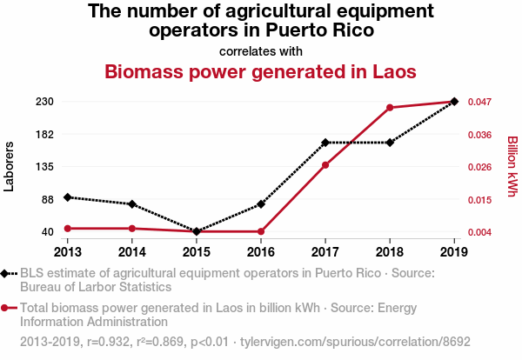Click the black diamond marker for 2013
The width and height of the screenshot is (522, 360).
point(68,197)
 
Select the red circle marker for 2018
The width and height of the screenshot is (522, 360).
point(390,108)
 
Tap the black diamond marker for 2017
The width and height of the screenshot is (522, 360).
point(325,143)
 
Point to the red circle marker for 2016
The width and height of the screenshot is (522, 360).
point(261,231)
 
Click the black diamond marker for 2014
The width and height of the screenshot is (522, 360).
point(132,204)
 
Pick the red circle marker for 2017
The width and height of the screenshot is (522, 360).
point(325,165)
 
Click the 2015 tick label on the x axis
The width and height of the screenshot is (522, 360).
point(197,251)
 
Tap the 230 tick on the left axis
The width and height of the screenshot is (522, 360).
point(45,102)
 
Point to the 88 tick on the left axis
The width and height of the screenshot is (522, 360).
point(48,199)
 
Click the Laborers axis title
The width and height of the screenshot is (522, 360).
point(10,166)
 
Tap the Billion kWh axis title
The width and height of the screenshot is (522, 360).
point(512,166)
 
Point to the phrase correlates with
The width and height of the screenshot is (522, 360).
point(261,50)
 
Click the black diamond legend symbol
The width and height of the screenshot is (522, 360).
point(8,274)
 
